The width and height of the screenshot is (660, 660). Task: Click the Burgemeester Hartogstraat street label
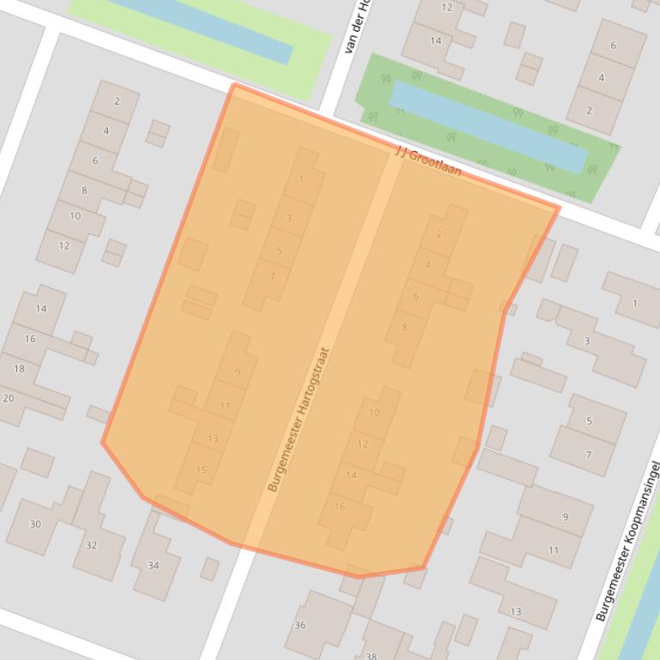[x=298, y=419]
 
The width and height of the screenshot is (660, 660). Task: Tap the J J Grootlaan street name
[x=427, y=162]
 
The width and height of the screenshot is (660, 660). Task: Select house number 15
[x=202, y=470]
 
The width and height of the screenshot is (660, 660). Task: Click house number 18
[x=19, y=369]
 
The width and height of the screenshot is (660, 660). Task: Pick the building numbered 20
[x=9, y=399]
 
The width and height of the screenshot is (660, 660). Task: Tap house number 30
[x=35, y=525]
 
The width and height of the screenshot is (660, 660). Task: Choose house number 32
[x=92, y=545]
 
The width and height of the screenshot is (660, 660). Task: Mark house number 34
[x=154, y=565]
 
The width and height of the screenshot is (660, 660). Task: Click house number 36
[x=300, y=626]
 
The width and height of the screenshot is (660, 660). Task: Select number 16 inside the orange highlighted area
[x=340, y=507]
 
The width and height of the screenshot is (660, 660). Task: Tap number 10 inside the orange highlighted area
[x=374, y=412]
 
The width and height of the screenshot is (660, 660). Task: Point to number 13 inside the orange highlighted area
[x=213, y=439]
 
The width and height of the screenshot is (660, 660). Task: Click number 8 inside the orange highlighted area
[x=405, y=327]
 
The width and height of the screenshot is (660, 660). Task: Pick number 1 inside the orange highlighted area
[x=301, y=179]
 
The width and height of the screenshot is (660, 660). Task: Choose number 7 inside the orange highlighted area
[x=273, y=276]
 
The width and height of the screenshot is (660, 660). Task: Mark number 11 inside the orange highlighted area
[x=225, y=406]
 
